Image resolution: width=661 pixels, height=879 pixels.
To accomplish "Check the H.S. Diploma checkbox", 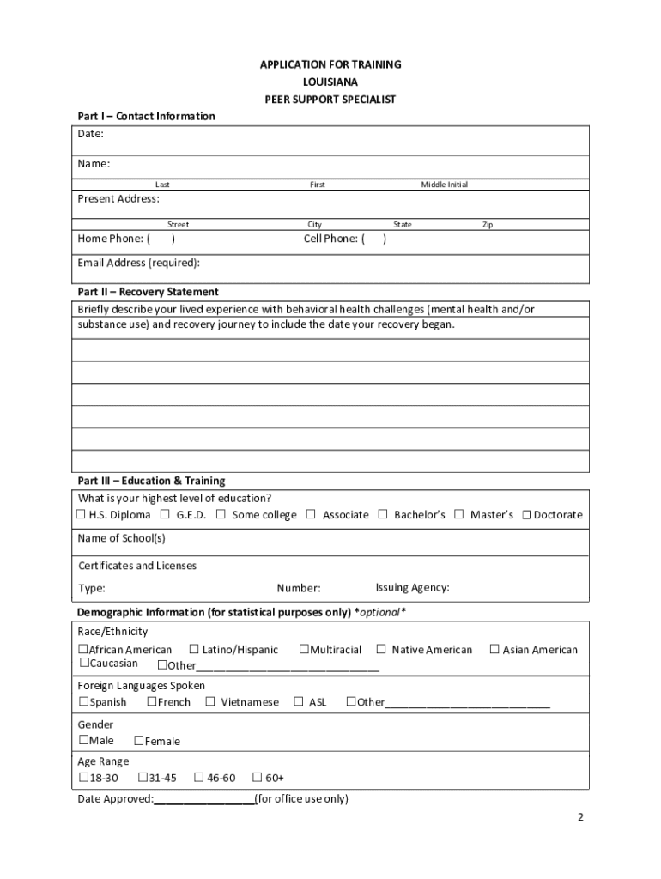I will pyautogui.click(x=82, y=515).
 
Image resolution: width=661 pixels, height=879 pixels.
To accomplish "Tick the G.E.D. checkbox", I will pyautogui.click(x=165, y=515).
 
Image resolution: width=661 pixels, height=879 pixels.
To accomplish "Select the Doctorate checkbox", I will pyautogui.click(x=527, y=515).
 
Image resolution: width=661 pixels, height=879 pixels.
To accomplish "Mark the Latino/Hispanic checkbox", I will pyautogui.click(x=194, y=650).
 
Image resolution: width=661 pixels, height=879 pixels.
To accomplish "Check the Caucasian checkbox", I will pyautogui.click(x=84, y=663).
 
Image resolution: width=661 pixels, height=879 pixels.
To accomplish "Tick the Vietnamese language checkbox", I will pyautogui.click(x=210, y=702).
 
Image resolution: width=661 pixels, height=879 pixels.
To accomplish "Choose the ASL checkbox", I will pyautogui.click(x=299, y=702).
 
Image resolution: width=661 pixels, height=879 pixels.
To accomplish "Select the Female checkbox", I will pyautogui.click(x=139, y=741).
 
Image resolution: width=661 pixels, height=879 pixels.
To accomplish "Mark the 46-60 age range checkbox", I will pyautogui.click(x=199, y=778).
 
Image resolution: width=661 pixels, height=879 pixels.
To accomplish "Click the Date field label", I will pyautogui.click(x=91, y=134).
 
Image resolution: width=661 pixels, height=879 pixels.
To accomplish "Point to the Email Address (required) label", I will pyautogui.click(x=139, y=263).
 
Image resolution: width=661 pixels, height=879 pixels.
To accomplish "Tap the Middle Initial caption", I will pyautogui.click(x=445, y=185).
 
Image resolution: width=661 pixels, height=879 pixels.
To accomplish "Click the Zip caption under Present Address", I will pyautogui.click(x=488, y=225).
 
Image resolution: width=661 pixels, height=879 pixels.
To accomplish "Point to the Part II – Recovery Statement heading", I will pyautogui.click(x=148, y=292).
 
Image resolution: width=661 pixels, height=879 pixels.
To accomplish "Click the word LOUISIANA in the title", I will pyautogui.click(x=330, y=82).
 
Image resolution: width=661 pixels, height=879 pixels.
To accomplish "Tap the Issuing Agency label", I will pyautogui.click(x=412, y=588).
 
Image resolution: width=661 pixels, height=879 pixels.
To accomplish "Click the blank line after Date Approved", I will pyautogui.click(x=204, y=800).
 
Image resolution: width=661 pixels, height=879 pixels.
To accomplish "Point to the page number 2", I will pyautogui.click(x=580, y=817).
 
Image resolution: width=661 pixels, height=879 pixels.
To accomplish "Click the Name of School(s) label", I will pyautogui.click(x=122, y=538).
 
